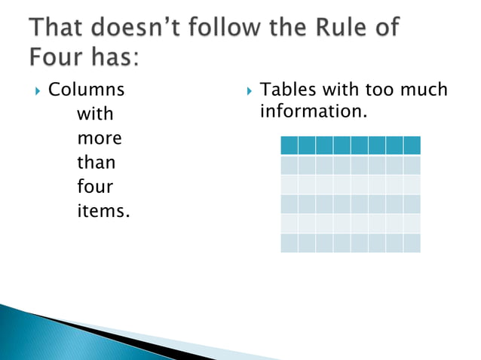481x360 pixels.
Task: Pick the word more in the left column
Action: click(100, 139)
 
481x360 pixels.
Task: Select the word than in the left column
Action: click(97, 163)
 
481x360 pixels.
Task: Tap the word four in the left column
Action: click(94, 187)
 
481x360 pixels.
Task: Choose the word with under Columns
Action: click(95, 115)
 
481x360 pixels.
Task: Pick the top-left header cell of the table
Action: click(289, 145)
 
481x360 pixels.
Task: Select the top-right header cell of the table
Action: click(412, 145)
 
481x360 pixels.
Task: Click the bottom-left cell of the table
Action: click(289, 243)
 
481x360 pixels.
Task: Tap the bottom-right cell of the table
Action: click(412, 243)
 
